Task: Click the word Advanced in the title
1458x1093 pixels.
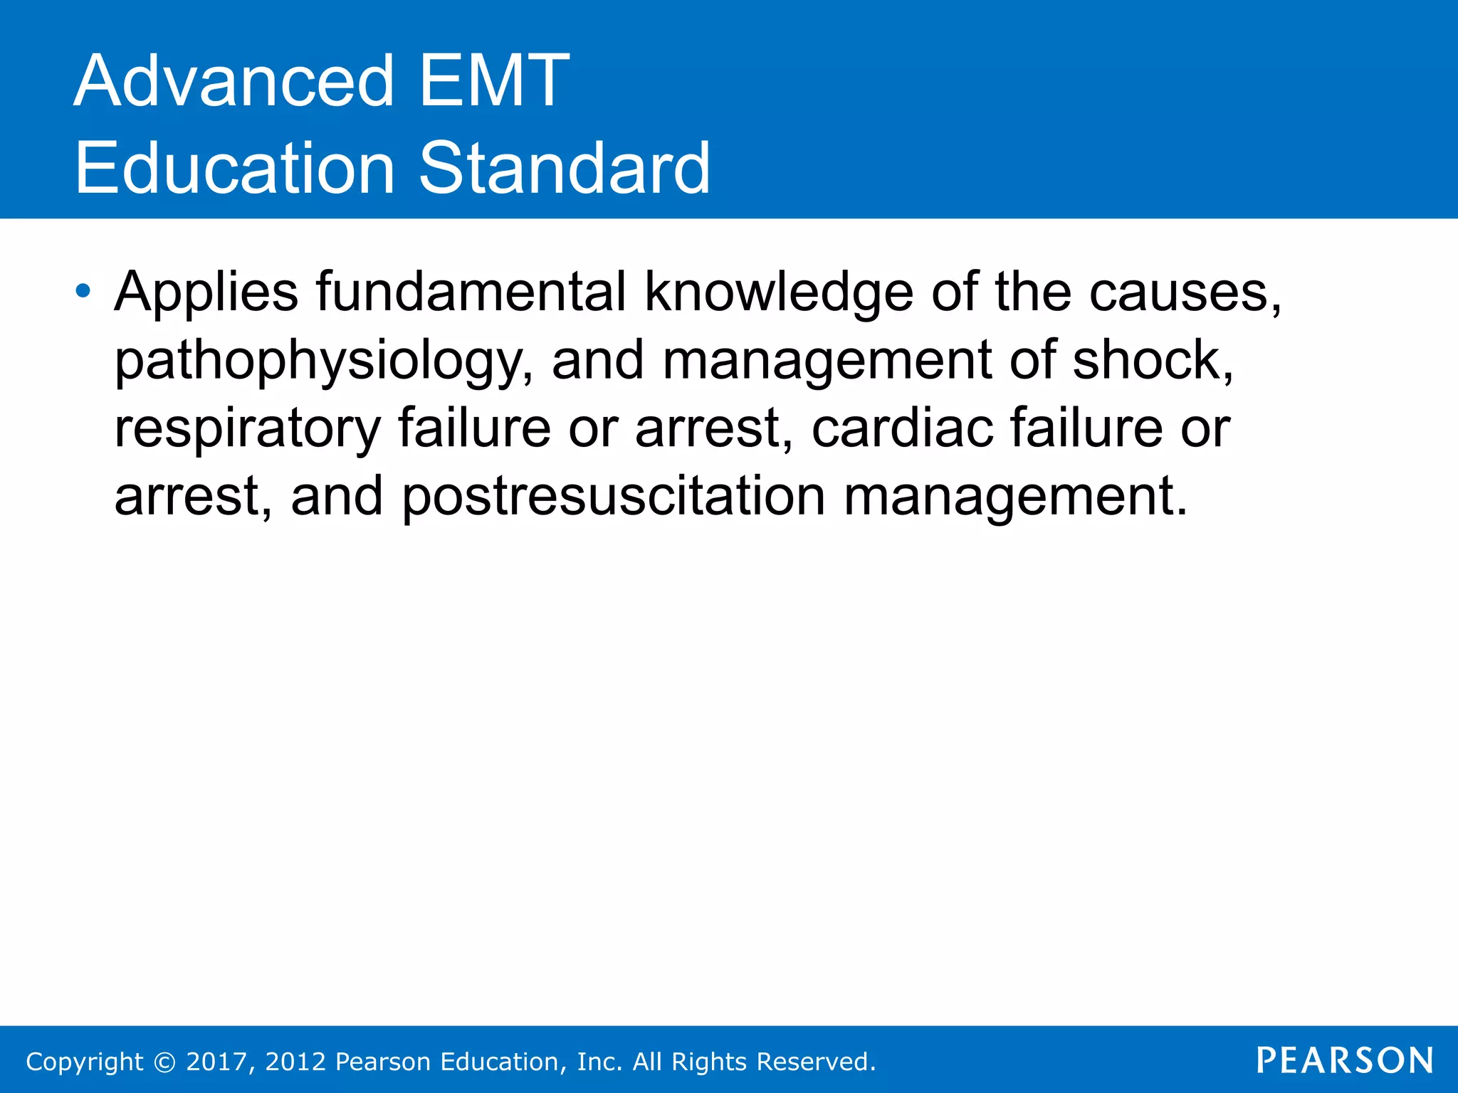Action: click(x=234, y=81)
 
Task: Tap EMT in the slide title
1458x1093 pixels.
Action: click(x=494, y=81)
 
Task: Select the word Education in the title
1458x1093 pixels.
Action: click(x=234, y=169)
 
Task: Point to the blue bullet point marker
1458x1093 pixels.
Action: click(x=83, y=291)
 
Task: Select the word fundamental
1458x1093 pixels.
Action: click(x=471, y=291)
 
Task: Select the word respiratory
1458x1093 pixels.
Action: click(x=248, y=430)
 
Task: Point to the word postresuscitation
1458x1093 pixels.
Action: click(x=614, y=497)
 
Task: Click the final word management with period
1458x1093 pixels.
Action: click(x=1016, y=497)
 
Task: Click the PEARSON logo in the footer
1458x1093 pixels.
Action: click(x=1345, y=1060)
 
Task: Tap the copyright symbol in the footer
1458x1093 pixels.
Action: click(x=164, y=1062)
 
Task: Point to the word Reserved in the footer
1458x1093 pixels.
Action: click(x=816, y=1062)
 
